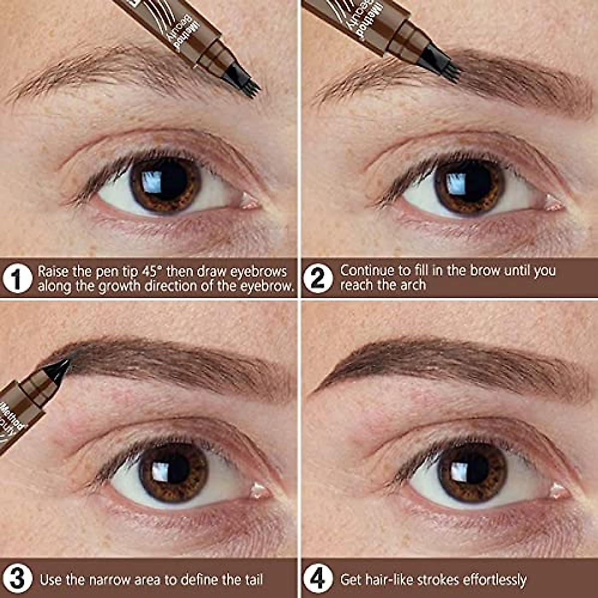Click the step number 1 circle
click(17, 279)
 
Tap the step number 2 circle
click(317, 278)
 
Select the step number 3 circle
click(17, 579)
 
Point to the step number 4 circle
click(317, 579)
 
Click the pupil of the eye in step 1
click(166, 182)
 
